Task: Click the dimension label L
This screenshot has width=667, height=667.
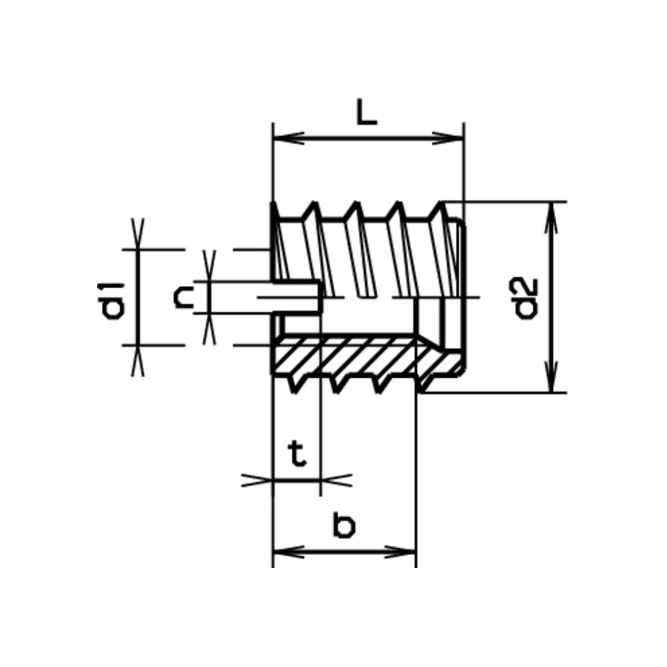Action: tap(367, 112)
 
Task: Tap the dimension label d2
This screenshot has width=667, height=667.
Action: tap(527, 298)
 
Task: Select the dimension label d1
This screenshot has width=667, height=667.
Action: tap(110, 301)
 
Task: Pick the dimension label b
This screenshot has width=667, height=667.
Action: tap(344, 526)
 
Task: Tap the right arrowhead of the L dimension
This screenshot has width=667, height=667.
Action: tap(448, 138)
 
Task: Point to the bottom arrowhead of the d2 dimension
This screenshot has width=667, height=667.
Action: tap(552, 377)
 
